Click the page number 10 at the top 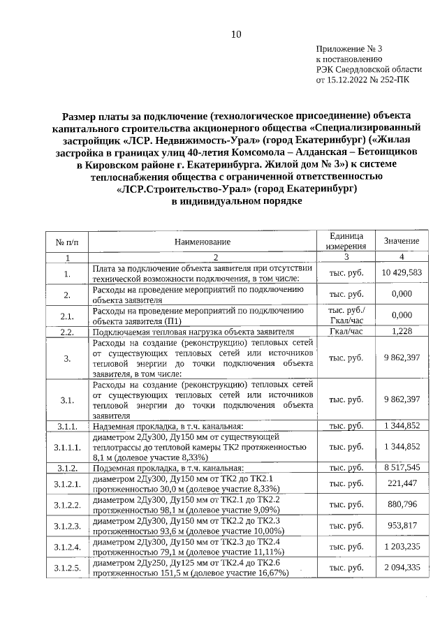pos(235,35)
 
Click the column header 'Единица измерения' pos(346,242)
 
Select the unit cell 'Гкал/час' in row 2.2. pos(346,331)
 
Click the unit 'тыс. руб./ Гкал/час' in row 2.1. pos(346,315)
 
